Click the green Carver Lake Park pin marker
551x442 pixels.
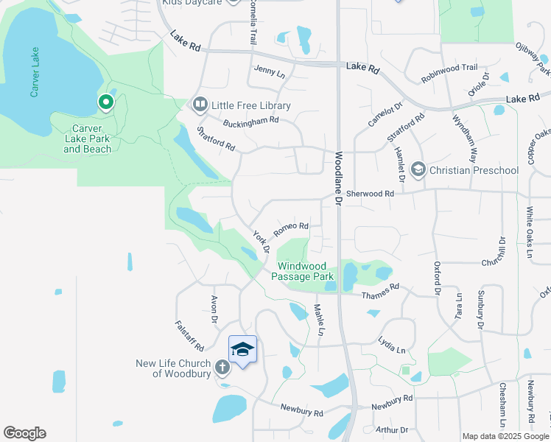click(106, 103)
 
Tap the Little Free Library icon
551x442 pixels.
click(200, 105)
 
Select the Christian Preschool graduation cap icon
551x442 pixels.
click(418, 170)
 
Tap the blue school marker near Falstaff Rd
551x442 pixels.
click(242, 348)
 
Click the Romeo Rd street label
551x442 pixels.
click(290, 229)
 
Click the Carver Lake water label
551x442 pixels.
click(34, 77)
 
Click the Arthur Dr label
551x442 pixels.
click(391, 429)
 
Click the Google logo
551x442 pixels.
click(24, 433)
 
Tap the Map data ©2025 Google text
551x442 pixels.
click(505, 436)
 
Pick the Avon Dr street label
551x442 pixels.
click(214, 310)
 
